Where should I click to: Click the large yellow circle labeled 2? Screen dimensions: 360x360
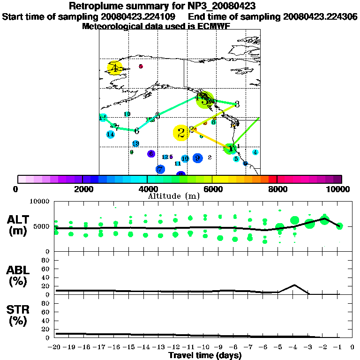click(x=181, y=133)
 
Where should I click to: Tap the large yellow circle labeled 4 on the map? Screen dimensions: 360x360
click(x=114, y=68)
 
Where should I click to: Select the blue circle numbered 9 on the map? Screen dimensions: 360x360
click(x=197, y=158)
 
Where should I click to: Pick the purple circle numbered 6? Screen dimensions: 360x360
click(x=151, y=153)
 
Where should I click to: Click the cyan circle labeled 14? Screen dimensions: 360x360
click(x=111, y=135)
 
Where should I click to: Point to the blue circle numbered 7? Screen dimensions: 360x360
click(x=160, y=169)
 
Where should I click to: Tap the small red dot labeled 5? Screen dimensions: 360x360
click(x=141, y=67)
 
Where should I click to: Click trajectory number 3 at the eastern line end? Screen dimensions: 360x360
click(x=237, y=104)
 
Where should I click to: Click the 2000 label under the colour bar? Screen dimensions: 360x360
click(x=82, y=189)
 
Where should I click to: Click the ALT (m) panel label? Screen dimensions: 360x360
click(x=20, y=225)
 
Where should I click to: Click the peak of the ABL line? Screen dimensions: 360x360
click(x=294, y=285)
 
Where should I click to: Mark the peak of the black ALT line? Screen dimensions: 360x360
click(x=324, y=218)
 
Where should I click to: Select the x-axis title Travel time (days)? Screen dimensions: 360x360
click(x=204, y=356)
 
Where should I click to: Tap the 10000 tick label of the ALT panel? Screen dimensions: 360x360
click(x=40, y=202)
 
